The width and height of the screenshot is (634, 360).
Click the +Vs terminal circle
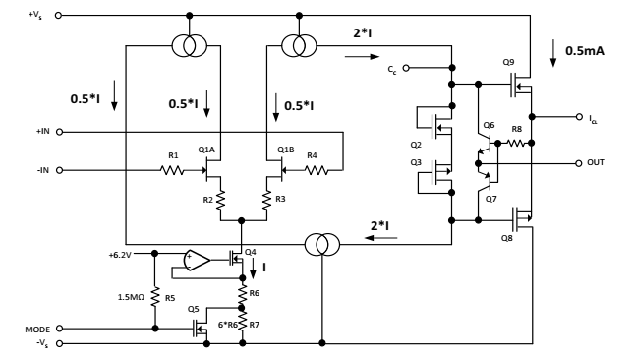58,16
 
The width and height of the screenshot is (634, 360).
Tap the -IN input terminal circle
59,170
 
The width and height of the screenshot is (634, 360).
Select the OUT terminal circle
579,163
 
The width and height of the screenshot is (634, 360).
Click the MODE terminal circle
59,329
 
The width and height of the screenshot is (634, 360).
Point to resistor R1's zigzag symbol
173,170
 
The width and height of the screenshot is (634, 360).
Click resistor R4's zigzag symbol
317,170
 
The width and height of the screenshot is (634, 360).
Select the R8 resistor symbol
515,143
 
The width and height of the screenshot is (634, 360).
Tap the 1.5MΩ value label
131,297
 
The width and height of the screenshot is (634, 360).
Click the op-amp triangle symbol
197,260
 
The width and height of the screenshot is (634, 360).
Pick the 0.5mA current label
585,51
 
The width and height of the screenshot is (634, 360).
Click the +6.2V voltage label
120,255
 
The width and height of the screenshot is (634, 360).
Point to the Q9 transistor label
508,62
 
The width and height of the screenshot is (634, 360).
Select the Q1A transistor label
206,150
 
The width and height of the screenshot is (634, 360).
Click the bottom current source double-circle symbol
321,244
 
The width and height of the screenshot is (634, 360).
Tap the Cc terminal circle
406,68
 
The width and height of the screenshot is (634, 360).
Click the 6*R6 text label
228,325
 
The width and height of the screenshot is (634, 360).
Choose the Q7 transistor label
490,199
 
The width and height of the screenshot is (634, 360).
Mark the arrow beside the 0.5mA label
553,53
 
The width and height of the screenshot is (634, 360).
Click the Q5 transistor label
194,309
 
